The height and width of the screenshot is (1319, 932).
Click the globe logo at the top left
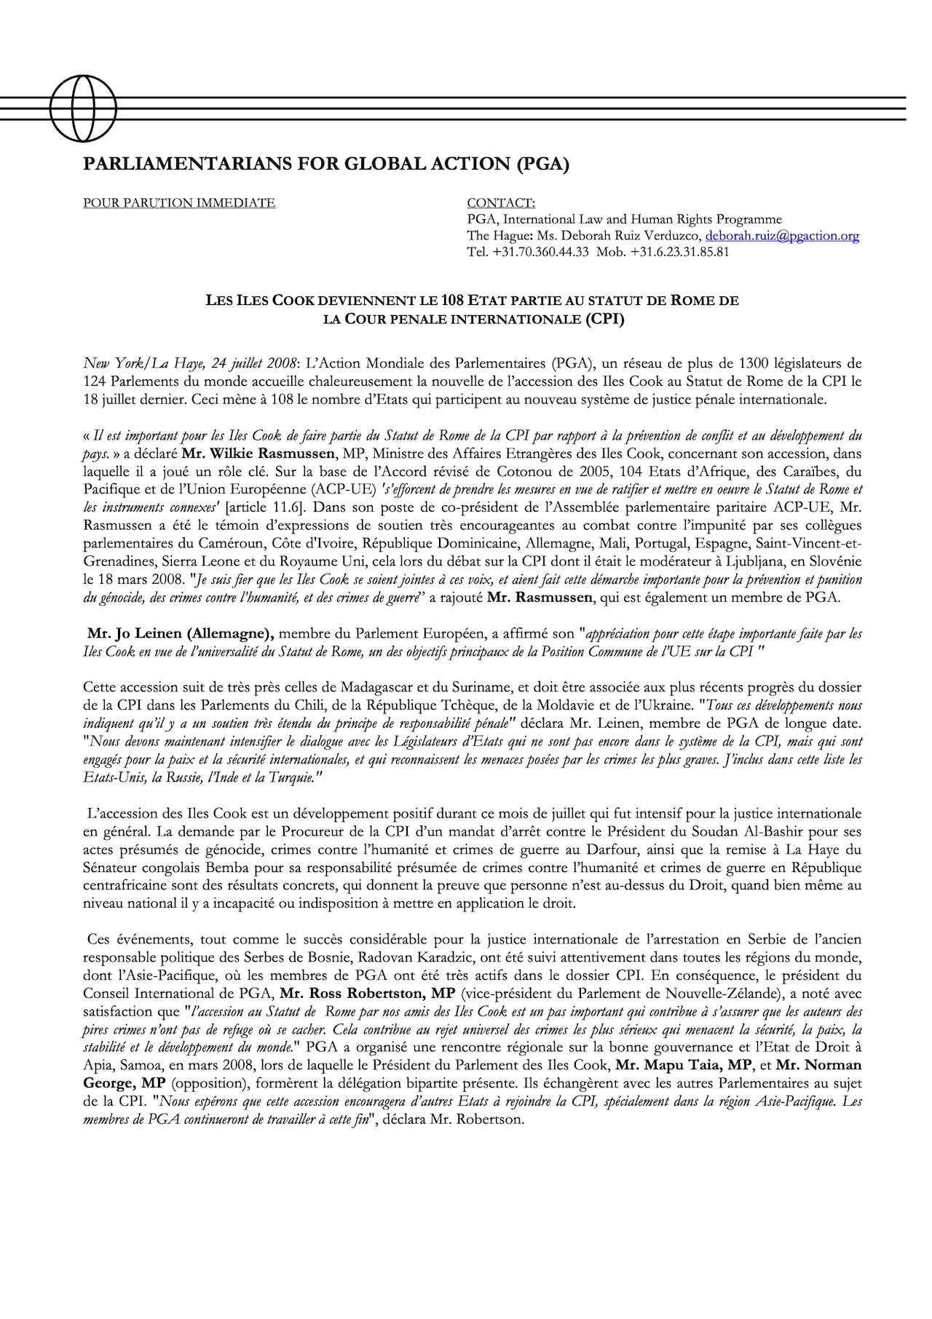pyautogui.click(x=73, y=108)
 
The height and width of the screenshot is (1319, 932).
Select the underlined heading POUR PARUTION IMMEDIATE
pyautogui.click(x=179, y=203)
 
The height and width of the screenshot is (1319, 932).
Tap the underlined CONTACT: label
pyautogui.click(x=500, y=203)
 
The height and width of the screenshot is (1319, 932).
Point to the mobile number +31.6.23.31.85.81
pyautogui.click(x=680, y=253)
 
